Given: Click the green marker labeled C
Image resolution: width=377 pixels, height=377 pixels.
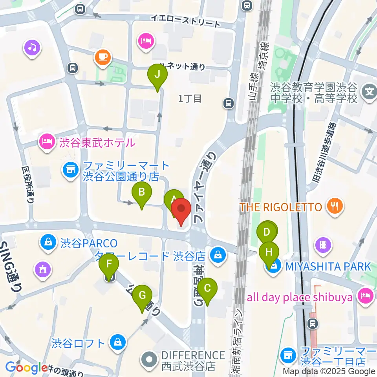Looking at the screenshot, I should click(x=207, y=289).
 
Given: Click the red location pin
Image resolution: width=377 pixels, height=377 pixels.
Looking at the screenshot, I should click(x=181, y=210).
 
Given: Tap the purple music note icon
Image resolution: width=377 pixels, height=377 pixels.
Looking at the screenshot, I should click(x=32, y=48).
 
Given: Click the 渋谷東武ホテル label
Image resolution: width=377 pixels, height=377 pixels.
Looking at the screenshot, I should click(x=97, y=142).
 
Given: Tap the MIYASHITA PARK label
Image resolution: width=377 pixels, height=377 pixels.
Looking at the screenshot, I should click(x=328, y=267).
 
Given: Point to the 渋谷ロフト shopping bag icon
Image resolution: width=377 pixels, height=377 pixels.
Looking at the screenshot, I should click(x=117, y=342).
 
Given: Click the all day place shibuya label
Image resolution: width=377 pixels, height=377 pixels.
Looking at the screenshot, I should click(x=300, y=297).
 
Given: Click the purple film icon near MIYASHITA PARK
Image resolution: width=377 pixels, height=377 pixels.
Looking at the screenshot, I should click(x=323, y=245).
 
